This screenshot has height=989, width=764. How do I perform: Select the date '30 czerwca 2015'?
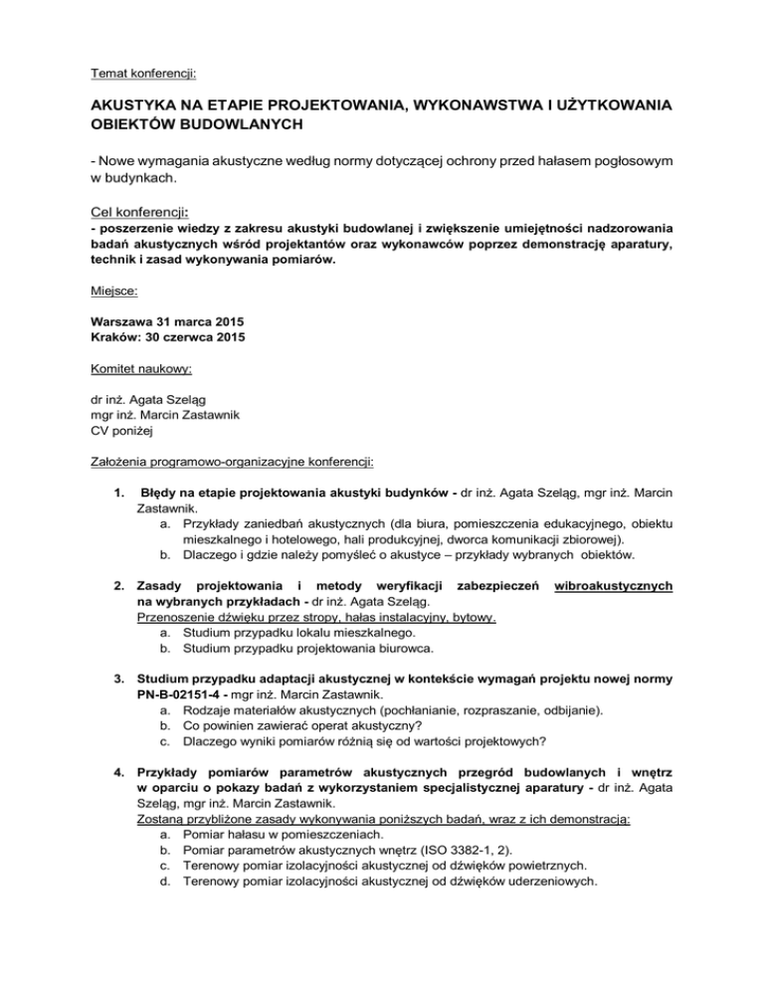(202, 369)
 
